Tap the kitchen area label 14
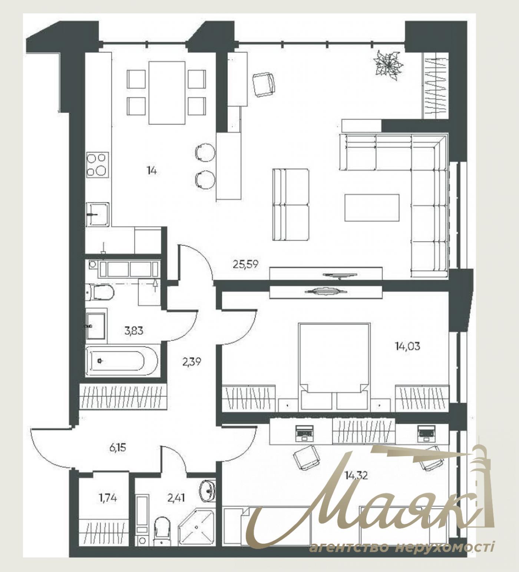pos(151,171)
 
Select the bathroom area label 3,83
pos(134,330)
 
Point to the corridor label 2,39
pos(191,361)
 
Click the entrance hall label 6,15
pos(118,448)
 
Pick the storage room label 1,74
pos(108,498)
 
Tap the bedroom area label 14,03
pos(407,347)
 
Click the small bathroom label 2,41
pos(176,498)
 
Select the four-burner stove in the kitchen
pos(97,164)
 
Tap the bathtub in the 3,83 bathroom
pos(121,361)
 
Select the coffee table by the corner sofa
pos(372,208)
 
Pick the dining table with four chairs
pos(167,92)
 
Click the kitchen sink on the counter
pos(97,214)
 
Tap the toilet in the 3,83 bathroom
pos(100,292)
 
